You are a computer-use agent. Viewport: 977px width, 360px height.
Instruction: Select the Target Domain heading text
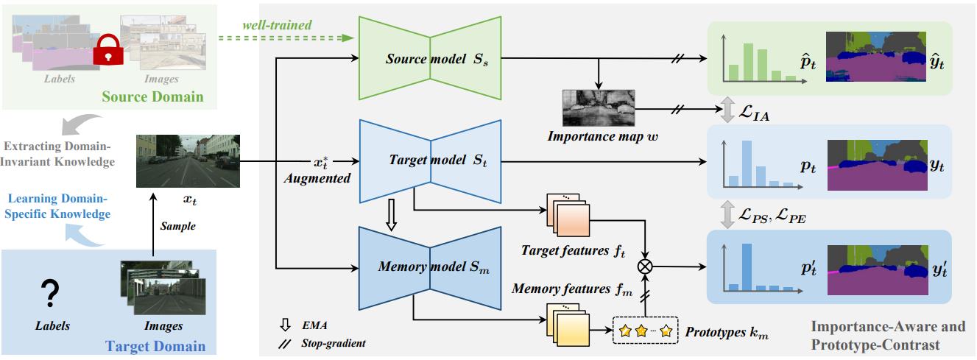point(155,346)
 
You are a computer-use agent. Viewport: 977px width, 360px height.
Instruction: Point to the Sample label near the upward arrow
point(178,226)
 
